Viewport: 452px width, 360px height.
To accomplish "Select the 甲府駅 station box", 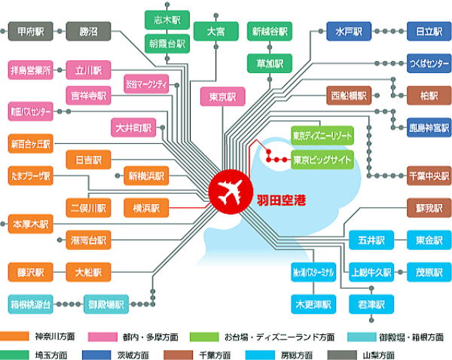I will pyautogui.click(x=30, y=32).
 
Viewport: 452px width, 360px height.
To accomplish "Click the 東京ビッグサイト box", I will pyautogui.click(x=322, y=160).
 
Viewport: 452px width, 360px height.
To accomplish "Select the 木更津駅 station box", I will pyautogui.click(x=313, y=304).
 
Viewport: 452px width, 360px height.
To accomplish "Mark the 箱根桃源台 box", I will pyautogui.click(x=30, y=305).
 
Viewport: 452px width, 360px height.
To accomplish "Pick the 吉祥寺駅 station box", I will pyautogui.click(x=89, y=96).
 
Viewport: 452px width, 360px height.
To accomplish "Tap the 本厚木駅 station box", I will pyautogui.click(x=30, y=224).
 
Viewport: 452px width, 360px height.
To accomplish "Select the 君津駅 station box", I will pyautogui.click(x=371, y=304).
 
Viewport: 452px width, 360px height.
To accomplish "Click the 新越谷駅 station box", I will pyautogui.click(x=270, y=32).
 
